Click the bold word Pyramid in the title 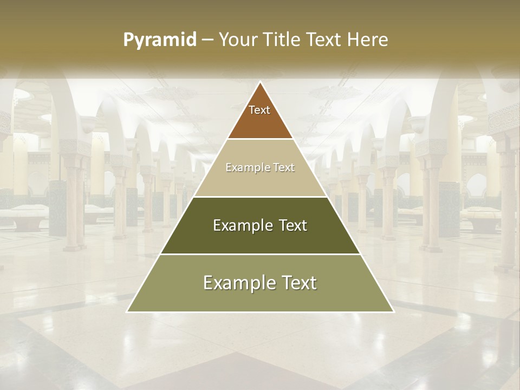[160, 40]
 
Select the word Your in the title [237, 40]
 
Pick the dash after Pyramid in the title [207, 40]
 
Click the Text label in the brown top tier [259, 110]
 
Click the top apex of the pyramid [260, 82]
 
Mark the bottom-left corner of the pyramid [127, 311]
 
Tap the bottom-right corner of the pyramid [393, 311]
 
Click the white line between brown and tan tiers [260, 139]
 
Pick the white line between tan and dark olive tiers [260, 197]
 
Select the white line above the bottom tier [260, 254]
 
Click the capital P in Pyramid [128, 40]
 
